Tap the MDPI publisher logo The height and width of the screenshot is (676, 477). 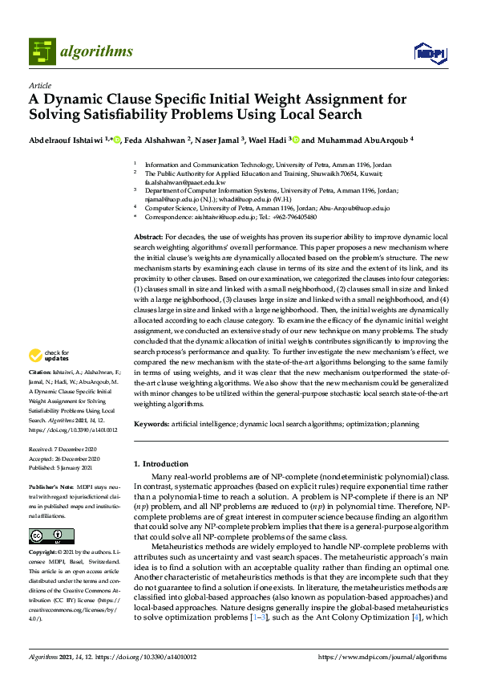428,53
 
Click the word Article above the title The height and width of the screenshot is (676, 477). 39,85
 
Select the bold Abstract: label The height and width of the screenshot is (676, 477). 148,238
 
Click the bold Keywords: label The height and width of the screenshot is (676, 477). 151,422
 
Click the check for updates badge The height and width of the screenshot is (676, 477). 47,355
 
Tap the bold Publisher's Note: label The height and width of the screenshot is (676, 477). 49,487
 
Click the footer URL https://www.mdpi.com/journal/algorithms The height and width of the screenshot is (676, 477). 382,658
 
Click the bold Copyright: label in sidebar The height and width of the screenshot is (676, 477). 42,552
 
